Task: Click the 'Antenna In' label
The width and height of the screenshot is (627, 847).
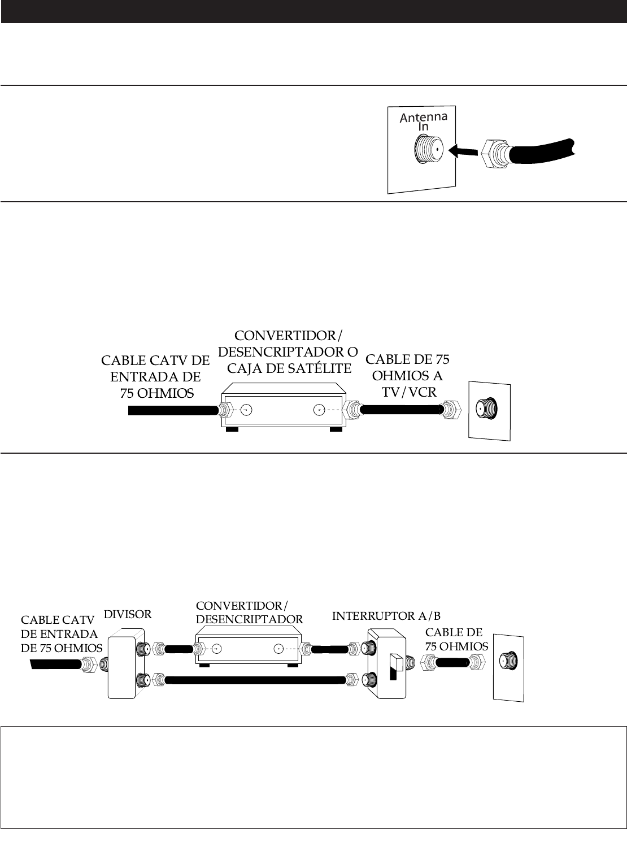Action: tap(423, 121)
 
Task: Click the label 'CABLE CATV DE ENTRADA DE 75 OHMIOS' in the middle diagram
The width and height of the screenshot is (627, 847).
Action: tap(155, 376)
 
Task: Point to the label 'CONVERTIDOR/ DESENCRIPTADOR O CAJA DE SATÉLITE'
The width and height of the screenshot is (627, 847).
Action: tap(287, 352)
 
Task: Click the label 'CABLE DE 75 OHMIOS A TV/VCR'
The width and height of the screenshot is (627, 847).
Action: tap(407, 375)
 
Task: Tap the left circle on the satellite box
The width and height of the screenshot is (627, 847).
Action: tap(246, 410)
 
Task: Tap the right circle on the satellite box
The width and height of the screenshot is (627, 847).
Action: tap(320, 410)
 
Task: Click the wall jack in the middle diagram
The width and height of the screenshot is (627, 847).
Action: tap(486, 409)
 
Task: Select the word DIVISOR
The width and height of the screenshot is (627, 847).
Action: tap(128, 614)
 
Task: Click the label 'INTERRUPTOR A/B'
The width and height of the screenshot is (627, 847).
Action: tap(386, 615)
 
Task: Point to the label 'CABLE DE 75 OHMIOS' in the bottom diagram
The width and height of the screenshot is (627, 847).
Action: tap(456, 639)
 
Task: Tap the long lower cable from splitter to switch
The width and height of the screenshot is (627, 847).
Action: tap(254, 680)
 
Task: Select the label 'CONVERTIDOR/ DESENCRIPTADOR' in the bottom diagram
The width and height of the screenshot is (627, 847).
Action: tap(249, 613)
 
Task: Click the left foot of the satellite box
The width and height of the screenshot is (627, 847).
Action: tap(231, 429)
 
